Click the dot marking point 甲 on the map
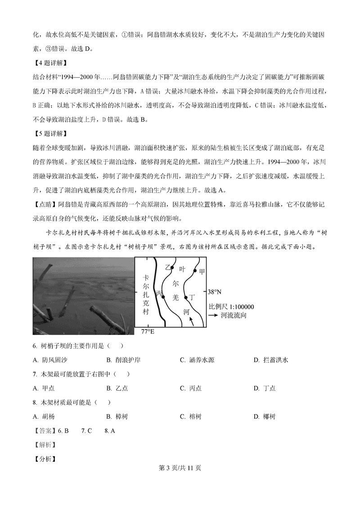[x=195, y=271]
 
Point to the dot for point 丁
[x=185, y=297]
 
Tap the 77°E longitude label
[x=147, y=332]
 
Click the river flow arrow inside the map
[x=192, y=320]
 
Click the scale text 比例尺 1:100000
[x=231, y=307]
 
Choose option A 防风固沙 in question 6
[x=50, y=360]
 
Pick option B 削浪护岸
[x=124, y=360]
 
